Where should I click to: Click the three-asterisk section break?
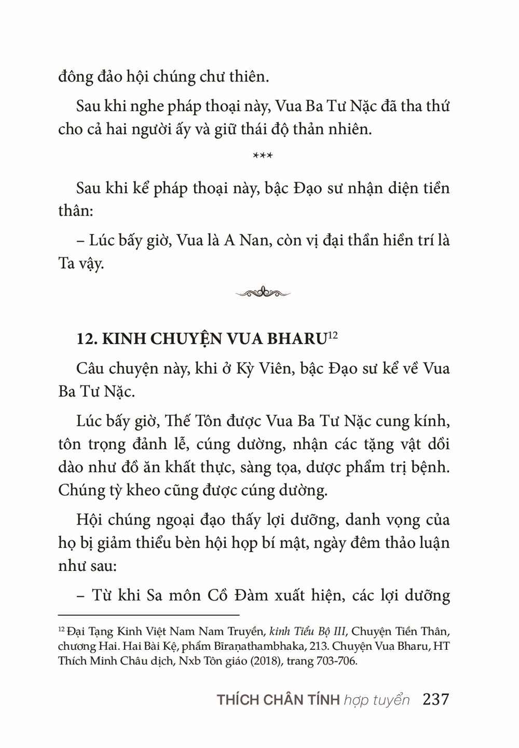point(262,156)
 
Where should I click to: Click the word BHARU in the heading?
point(295,339)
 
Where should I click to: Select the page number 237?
point(435,699)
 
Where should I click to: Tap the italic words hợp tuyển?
point(376,700)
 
